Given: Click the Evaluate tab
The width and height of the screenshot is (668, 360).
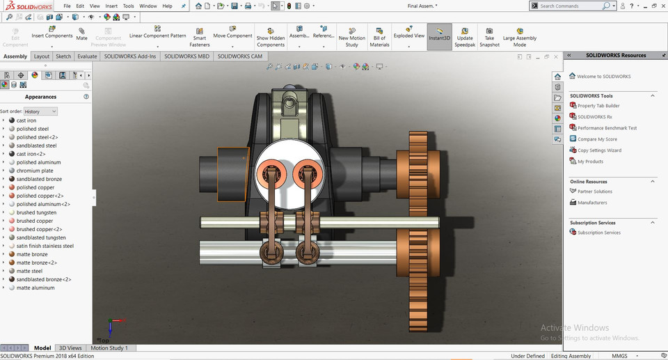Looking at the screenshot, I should [87, 56].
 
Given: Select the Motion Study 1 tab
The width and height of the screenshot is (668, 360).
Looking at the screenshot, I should [109, 347].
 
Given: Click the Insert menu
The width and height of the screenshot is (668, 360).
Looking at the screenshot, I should [111, 6].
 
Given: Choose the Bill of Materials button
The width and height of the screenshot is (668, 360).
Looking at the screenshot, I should [379, 38].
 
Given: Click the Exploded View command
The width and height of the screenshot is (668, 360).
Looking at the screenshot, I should [408, 36].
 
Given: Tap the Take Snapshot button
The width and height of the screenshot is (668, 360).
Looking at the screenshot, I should [489, 38].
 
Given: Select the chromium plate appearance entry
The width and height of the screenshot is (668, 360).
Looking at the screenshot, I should [35, 171].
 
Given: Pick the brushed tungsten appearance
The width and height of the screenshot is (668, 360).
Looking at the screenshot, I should [36, 212].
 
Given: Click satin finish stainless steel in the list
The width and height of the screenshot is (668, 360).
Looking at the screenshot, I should [45, 246].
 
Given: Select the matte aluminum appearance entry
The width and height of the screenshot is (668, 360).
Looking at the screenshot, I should [35, 288].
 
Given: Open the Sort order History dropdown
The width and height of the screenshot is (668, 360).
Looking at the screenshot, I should [40, 111].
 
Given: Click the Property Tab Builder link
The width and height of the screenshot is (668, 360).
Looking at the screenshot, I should [598, 106].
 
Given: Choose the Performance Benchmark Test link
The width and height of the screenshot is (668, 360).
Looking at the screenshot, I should [607, 128].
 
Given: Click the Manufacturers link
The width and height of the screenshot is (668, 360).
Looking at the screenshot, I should [592, 203].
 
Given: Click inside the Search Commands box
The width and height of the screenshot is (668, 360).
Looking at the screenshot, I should [569, 6].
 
